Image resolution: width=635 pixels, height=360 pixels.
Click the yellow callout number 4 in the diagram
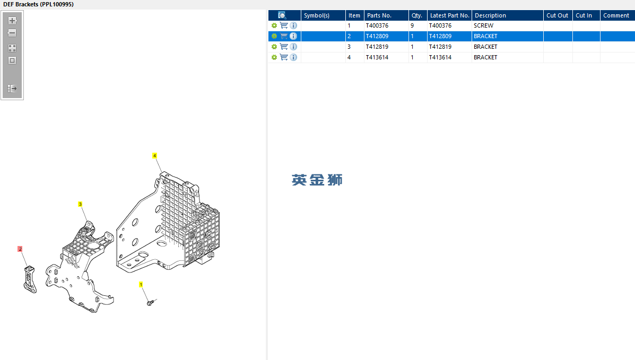tap(154, 156)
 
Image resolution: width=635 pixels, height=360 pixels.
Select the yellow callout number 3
tap(80, 204)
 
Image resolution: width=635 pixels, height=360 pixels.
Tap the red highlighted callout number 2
tap(20, 249)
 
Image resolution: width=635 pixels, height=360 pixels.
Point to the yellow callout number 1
tap(141, 285)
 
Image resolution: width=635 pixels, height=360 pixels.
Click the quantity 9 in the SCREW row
tap(412, 25)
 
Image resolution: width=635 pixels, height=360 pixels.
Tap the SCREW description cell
tap(483, 25)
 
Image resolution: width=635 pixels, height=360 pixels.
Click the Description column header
tap(490, 15)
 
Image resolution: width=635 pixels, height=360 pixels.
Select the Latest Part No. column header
tap(449, 15)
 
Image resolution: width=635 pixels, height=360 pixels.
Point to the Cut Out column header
tap(557, 15)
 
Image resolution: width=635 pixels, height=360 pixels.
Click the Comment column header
tap(616, 15)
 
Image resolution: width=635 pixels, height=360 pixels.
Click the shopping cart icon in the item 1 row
tap(284, 25)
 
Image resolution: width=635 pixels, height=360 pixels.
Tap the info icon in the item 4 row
tap(293, 57)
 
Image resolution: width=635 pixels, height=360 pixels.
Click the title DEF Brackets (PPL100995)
tap(38, 4)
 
